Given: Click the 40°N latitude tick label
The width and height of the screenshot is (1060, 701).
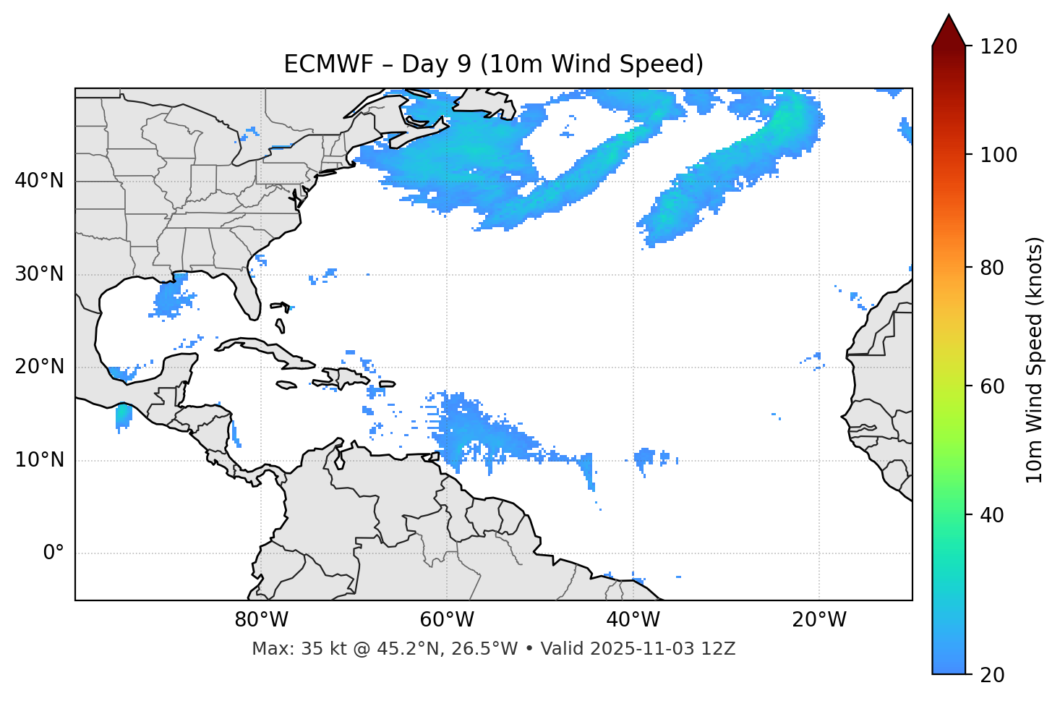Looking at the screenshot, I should pos(39,181).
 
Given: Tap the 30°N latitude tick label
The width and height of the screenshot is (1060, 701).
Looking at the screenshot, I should pos(39,274).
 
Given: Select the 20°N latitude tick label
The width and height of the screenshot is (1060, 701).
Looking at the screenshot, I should pos(39,367).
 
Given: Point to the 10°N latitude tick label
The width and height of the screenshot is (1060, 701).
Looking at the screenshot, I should pos(39,460).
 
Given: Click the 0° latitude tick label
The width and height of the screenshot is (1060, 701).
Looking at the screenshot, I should pos(54,553).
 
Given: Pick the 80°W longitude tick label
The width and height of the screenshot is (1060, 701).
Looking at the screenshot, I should pos(261,620).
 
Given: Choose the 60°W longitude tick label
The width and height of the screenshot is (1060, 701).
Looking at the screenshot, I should pos(447,620).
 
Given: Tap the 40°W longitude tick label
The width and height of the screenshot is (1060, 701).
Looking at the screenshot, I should pos(633,620).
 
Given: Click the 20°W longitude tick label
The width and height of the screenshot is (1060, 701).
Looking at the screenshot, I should pos(819,620).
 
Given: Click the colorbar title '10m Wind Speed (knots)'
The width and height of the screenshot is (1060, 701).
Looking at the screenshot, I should pos(1035,360).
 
